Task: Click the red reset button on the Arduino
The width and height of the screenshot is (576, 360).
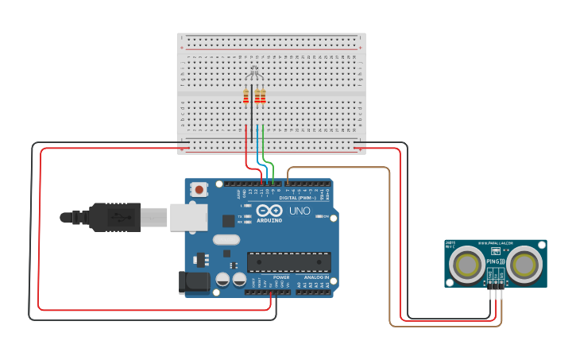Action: pos(199,189)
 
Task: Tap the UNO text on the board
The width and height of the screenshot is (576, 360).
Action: pos(299,211)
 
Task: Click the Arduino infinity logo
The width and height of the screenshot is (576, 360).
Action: pos(269,211)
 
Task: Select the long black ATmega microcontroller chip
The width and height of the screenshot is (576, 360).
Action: pos(288,262)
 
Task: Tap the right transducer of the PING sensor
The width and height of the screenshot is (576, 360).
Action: pos(524,264)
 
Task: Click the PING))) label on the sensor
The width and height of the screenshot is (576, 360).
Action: pos(495,261)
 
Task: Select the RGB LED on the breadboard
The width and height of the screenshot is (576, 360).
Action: pos(254,75)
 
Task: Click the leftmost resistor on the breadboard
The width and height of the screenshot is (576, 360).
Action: pos(246,96)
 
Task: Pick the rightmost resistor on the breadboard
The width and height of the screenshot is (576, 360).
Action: pos(263,96)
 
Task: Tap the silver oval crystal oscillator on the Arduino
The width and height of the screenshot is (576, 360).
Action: pos(226,239)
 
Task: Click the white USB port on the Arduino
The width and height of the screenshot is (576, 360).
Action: pos(188,217)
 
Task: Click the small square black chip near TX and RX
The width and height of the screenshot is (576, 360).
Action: pos(229,221)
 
